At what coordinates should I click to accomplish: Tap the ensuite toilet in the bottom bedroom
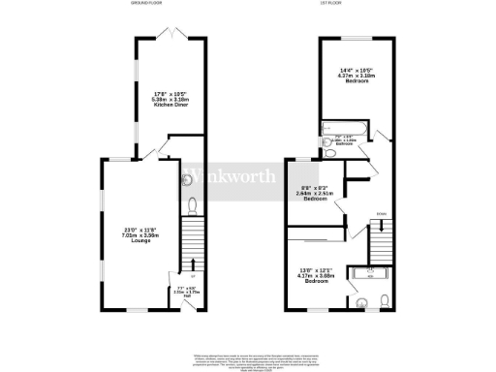pos(386,298)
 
